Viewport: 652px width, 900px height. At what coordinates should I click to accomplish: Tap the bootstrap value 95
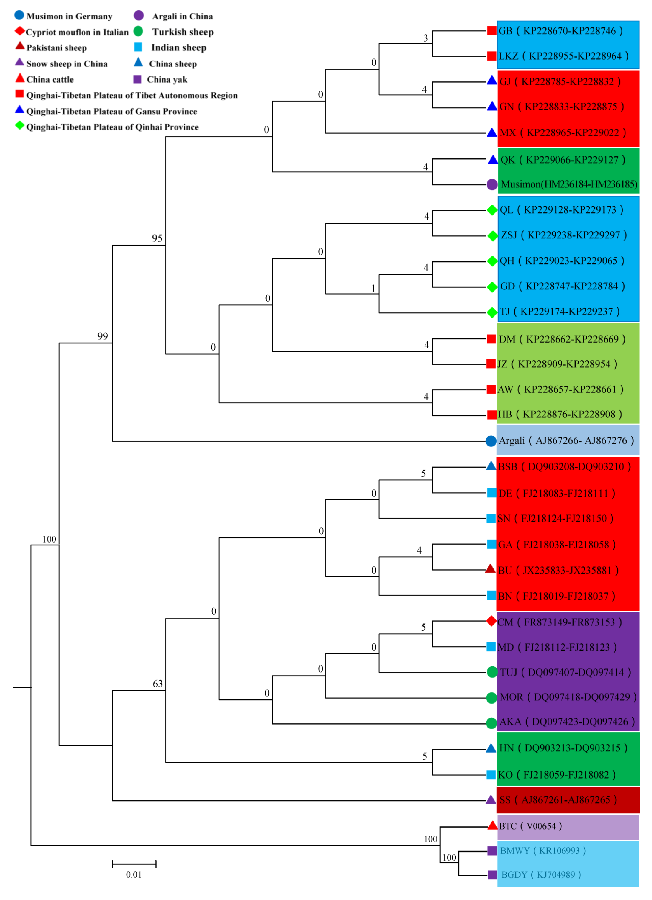pyautogui.click(x=157, y=238)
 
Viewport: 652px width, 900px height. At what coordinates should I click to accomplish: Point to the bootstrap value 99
pyautogui.click(x=103, y=336)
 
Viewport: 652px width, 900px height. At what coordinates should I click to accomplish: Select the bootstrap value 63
pyautogui.click(x=158, y=683)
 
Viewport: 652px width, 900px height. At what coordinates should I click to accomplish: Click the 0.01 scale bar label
pyautogui.click(x=134, y=875)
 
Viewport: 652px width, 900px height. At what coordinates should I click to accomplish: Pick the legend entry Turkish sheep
pyautogui.click(x=183, y=32)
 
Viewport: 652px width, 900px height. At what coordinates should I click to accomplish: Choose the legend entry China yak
pyautogui.click(x=167, y=79)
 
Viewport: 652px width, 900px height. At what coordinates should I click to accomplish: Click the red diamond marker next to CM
pyautogui.click(x=491, y=621)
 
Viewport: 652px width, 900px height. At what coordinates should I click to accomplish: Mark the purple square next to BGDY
pyautogui.click(x=492, y=875)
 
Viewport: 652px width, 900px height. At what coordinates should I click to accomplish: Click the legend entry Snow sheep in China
pyautogui.click(x=67, y=64)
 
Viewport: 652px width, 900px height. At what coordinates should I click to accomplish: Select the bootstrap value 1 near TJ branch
pyautogui.click(x=373, y=288)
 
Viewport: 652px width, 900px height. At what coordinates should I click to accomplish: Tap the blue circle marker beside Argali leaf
pyautogui.click(x=491, y=441)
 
